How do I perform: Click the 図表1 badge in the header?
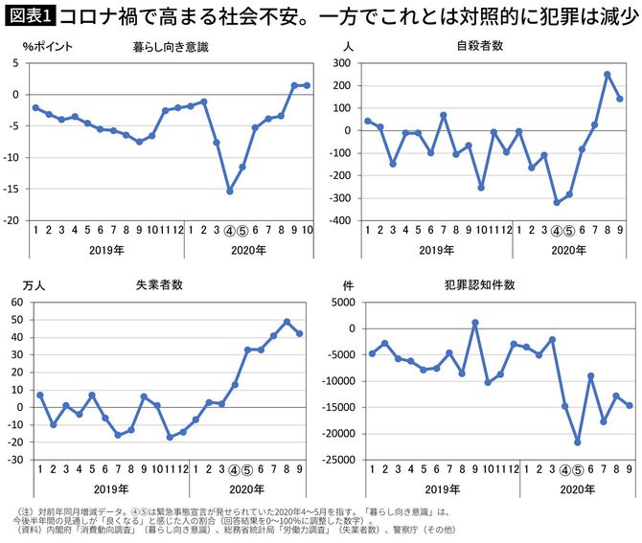click(x=29, y=15)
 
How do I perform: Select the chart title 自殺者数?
click(x=480, y=46)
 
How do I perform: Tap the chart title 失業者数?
click(x=159, y=284)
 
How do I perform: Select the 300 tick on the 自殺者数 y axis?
click(x=336, y=62)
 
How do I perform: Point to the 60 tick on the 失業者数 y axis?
click(x=17, y=302)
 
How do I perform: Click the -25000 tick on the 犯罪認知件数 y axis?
click(x=329, y=460)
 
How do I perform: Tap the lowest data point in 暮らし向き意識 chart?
click(x=230, y=192)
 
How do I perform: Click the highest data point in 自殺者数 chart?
click(x=607, y=74)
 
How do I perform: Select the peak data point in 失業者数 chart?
click(x=287, y=322)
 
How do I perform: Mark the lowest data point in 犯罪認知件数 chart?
click(x=578, y=442)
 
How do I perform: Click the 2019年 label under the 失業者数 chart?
click(x=106, y=488)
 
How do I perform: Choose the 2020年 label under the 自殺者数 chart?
click(x=568, y=249)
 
